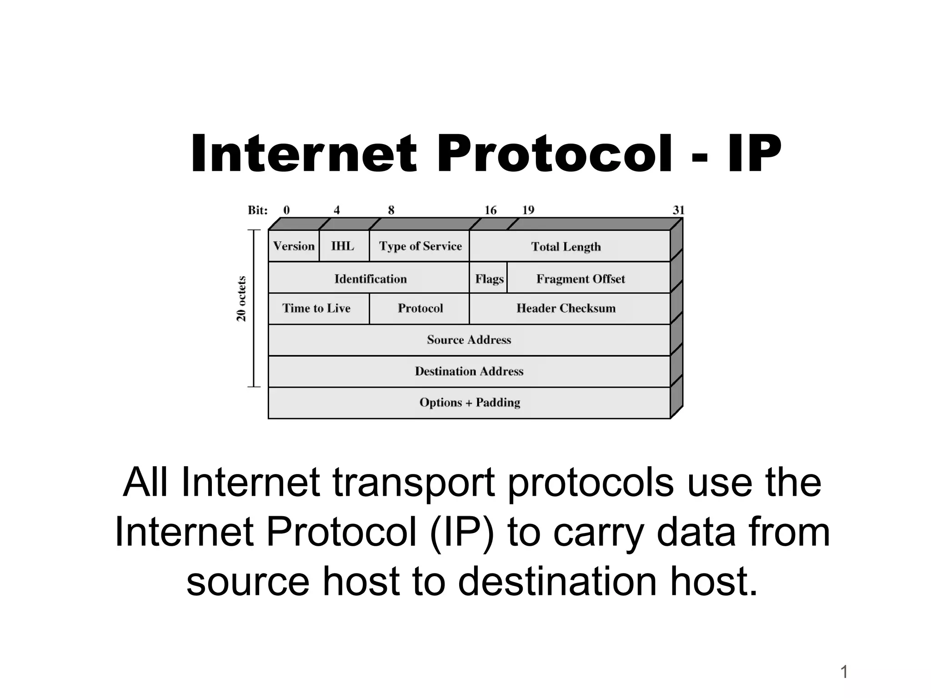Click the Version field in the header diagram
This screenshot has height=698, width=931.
click(x=294, y=246)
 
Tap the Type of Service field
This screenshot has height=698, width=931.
click(x=420, y=246)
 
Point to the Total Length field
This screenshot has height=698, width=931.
click(x=566, y=247)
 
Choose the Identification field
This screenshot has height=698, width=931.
click(x=370, y=279)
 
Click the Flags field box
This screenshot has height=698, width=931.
click(x=489, y=279)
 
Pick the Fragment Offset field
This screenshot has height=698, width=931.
click(x=581, y=279)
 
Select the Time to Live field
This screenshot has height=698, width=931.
click(x=316, y=309)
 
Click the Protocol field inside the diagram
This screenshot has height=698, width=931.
click(x=420, y=309)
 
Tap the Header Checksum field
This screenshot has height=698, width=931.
click(x=566, y=309)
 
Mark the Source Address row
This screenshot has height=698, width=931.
click(x=469, y=340)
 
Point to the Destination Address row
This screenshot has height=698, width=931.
click(x=469, y=371)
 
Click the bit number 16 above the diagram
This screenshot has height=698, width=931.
click(x=491, y=210)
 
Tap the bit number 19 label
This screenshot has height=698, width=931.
click(x=528, y=210)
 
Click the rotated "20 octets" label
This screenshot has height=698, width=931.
click(x=241, y=299)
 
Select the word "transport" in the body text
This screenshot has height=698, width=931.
click(x=413, y=483)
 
